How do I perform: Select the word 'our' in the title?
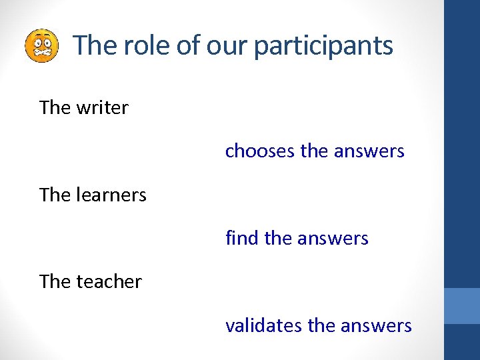click(x=225, y=46)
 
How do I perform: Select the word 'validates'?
click(x=264, y=325)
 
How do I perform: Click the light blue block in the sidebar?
click(x=462, y=306)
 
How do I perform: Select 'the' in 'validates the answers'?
click(x=321, y=325)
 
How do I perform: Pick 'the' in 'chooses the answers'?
click(x=314, y=151)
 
